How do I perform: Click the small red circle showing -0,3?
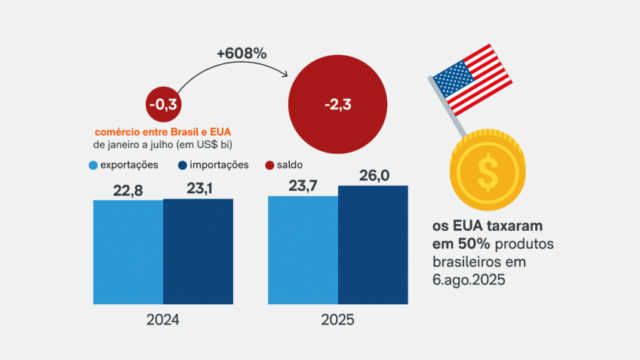click(164, 104)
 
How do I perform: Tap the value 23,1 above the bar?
click(198, 187)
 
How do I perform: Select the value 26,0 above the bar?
click(374, 174)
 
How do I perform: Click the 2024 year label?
click(162, 320)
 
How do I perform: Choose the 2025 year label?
click(338, 320)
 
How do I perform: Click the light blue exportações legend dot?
click(93, 165)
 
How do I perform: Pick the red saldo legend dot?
click(270, 165)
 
